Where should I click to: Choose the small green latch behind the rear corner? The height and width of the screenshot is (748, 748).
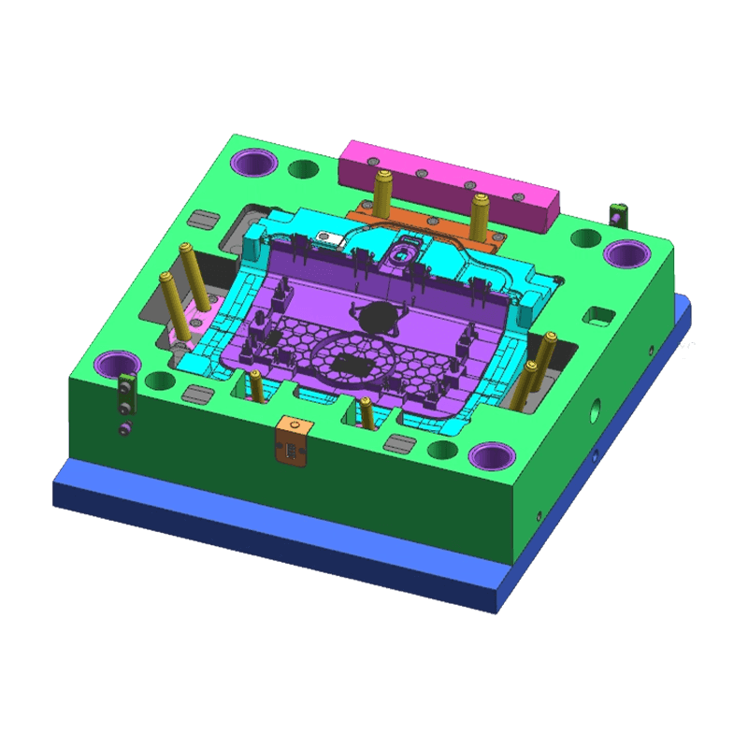(616, 212)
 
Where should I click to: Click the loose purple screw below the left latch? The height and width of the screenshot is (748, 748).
(124, 428)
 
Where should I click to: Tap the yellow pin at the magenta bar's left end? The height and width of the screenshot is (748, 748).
(381, 192)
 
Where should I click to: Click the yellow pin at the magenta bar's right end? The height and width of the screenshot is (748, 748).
(480, 216)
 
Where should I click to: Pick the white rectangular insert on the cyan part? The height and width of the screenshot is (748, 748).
(329, 237)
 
